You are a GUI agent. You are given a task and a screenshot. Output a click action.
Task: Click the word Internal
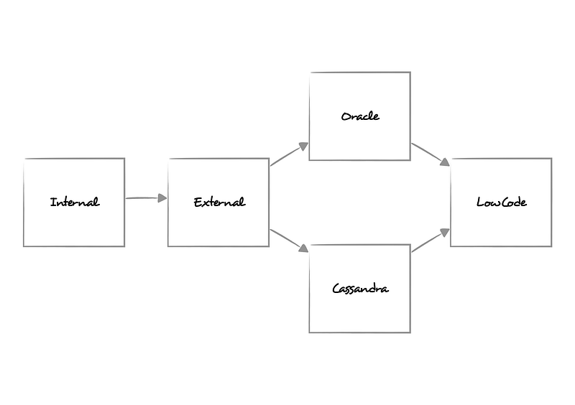click(74, 202)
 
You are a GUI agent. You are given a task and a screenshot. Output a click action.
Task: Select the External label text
click(219, 202)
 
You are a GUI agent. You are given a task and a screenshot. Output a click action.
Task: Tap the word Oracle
click(360, 116)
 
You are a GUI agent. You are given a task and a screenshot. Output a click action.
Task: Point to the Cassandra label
click(360, 289)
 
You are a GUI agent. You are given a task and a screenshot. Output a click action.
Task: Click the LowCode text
click(501, 202)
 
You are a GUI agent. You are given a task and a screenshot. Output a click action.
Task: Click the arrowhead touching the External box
click(162, 198)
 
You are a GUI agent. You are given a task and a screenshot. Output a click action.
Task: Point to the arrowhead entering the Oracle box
click(304, 146)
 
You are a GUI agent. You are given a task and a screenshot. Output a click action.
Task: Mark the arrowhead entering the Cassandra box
click(304, 248)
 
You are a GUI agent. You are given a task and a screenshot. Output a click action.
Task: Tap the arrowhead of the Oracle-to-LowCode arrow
click(446, 162)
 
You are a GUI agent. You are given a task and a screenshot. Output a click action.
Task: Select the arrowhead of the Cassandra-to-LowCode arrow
click(446, 232)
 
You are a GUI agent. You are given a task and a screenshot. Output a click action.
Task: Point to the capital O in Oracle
click(346, 116)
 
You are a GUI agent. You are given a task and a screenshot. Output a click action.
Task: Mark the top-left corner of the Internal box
click(24, 159)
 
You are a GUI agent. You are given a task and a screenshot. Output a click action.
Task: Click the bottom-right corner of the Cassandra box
click(410, 332)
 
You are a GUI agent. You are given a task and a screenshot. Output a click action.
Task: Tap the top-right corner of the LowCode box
click(551, 159)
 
